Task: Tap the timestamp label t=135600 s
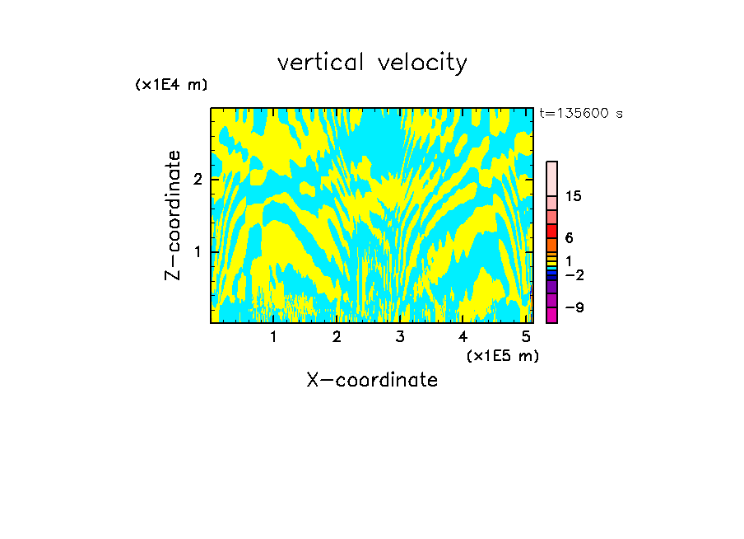click(x=580, y=114)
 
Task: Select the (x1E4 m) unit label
click(x=171, y=85)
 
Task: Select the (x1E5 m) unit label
click(x=502, y=355)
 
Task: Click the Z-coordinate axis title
click(x=173, y=215)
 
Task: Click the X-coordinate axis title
click(x=372, y=380)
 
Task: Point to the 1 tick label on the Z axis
click(x=198, y=251)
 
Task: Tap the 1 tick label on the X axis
click(x=273, y=337)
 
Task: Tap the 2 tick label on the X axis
click(x=337, y=337)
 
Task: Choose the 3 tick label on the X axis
click(x=400, y=337)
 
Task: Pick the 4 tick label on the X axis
click(x=463, y=337)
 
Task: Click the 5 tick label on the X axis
click(x=526, y=337)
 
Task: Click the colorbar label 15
click(x=574, y=196)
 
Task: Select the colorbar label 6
click(x=569, y=238)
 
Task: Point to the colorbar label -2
click(x=574, y=274)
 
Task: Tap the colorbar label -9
click(x=574, y=307)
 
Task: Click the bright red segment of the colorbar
click(x=552, y=231)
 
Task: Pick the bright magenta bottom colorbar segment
click(x=552, y=315)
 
